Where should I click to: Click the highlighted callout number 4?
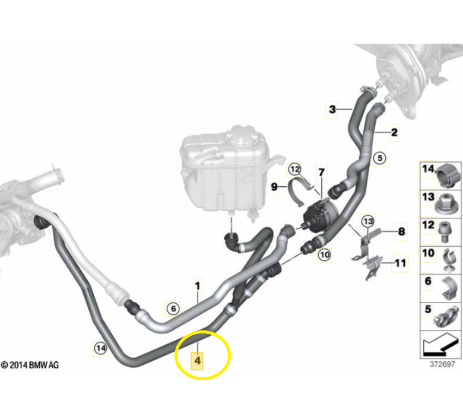[197, 361]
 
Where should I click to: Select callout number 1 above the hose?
[198, 287]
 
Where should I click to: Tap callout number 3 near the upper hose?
[332, 110]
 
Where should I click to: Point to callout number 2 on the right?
[394, 132]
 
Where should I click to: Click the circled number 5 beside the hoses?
[380, 158]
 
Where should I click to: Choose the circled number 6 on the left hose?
[173, 308]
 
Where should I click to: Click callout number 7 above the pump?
[322, 172]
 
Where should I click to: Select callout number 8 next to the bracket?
[402, 232]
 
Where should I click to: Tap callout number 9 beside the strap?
[274, 187]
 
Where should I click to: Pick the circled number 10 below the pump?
[325, 254]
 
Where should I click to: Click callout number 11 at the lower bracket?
[400, 263]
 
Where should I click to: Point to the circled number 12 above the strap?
[294, 170]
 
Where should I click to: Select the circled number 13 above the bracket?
[368, 221]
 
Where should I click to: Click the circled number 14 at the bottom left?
[100, 349]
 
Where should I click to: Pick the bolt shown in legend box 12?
[445, 232]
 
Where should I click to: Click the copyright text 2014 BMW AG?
[30, 365]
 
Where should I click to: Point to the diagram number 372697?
[442, 364]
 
